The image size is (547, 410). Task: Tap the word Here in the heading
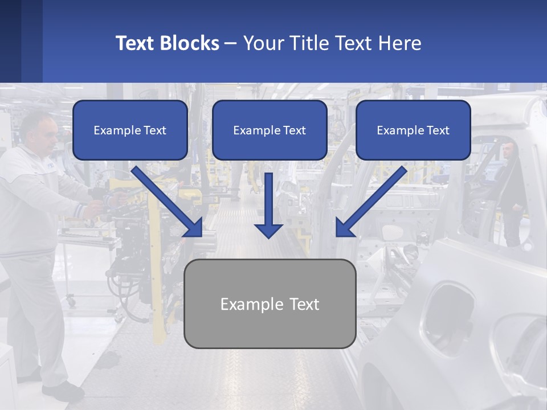pos(399,43)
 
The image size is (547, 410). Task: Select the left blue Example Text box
pos(130,130)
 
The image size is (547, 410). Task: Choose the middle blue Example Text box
pos(270,130)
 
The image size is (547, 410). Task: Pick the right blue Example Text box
pos(413,130)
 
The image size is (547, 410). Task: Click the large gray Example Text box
pos(270,304)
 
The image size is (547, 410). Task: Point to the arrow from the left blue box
pos(168,202)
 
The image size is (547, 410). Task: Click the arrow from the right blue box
pos(371,202)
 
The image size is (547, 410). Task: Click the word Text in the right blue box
pos(438,130)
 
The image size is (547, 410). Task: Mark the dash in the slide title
pos(231,43)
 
